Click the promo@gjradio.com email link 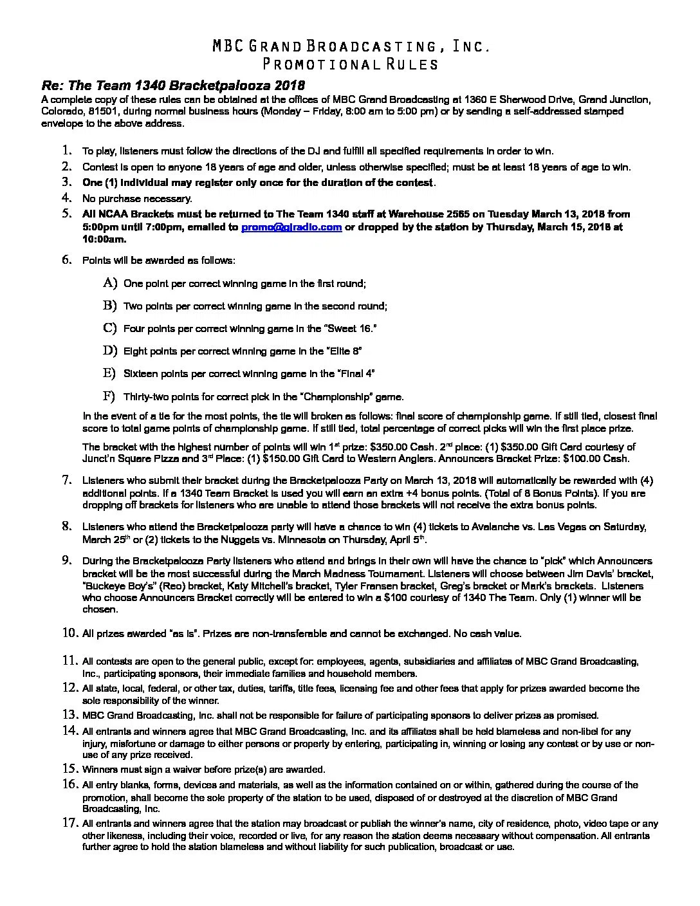(x=291, y=227)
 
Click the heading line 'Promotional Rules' (x=351, y=64)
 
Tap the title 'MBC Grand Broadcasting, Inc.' (x=351, y=46)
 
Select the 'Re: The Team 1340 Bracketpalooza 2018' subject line (x=173, y=86)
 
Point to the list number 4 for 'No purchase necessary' (x=66, y=198)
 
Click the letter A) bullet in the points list (x=109, y=283)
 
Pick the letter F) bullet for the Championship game (x=109, y=396)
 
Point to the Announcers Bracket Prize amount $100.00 (x=584, y=458)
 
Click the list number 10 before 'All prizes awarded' (x=69, y=633)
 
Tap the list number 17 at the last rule (x=69, y=823)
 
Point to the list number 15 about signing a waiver (x=69, y=769)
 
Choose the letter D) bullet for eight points (x=109, y=351)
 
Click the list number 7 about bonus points (x=66, y=480)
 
